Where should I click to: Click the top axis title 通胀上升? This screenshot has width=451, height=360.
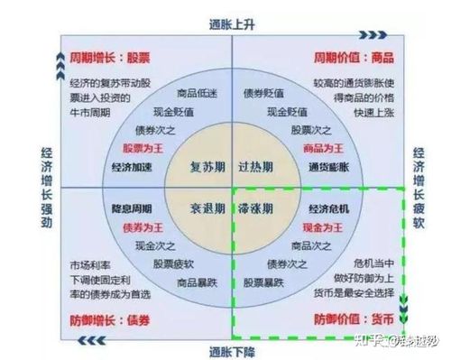[232, 25]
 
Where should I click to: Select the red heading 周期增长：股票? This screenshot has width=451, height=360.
[108, 57]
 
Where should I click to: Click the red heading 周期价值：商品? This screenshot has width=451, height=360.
[353, 57]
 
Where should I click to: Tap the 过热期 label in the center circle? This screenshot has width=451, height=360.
[258, 168]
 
